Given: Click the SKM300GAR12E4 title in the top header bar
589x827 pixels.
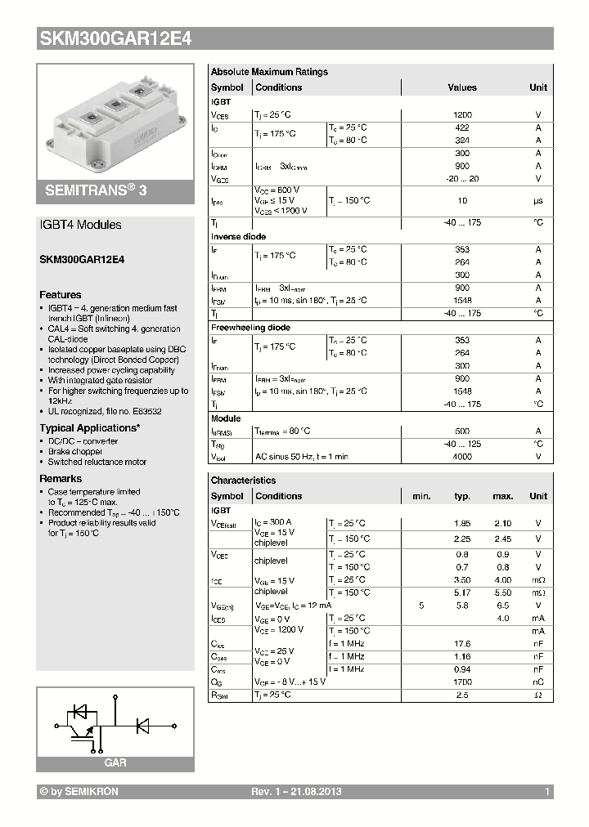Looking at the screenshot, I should point(115,38).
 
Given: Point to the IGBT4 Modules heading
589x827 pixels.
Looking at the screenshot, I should point(80,225).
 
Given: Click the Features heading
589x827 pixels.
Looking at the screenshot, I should point(61,295).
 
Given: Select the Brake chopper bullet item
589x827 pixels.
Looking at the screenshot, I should point(75,452).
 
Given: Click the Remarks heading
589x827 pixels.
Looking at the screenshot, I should point(61,479).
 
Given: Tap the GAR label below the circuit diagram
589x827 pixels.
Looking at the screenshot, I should point(115,762).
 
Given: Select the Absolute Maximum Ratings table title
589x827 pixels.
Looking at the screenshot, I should point(269,72).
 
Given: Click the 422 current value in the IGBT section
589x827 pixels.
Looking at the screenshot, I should point(461,127).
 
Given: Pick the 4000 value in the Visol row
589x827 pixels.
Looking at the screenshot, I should point(461,457).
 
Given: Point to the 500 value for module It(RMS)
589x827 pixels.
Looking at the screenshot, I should point(461,431).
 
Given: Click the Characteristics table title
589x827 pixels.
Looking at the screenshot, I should point(243,481).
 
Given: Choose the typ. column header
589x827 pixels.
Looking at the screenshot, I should point(462,496).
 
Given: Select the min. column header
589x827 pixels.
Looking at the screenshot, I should point(421,496).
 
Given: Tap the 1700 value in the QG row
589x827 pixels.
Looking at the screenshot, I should point(461,682).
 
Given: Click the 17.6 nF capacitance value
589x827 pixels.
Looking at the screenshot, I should point(461,643).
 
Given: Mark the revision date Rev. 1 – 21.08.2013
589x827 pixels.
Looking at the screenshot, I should point(295,792).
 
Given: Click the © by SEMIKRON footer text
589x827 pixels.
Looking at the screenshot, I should point(79,792).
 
